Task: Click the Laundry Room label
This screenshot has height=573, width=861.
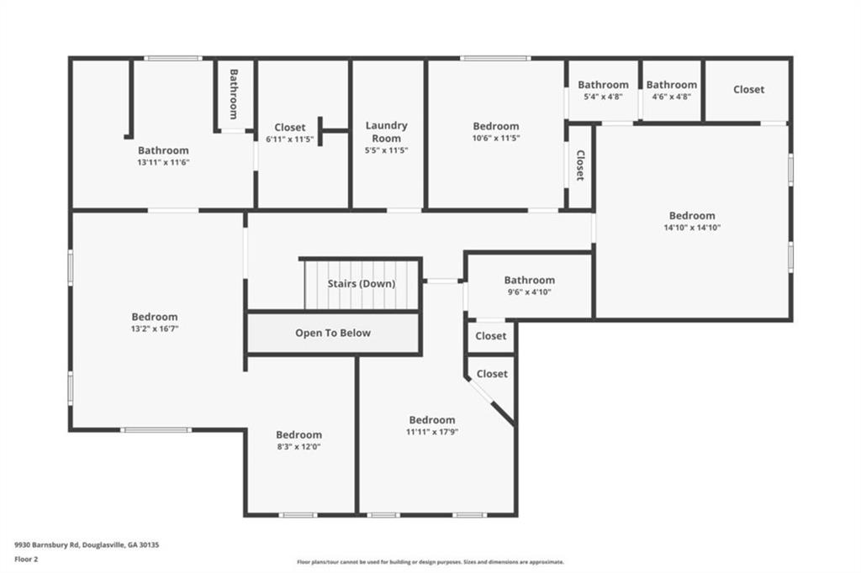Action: point(387,132)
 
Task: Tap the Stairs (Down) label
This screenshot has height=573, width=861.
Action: point(362,284)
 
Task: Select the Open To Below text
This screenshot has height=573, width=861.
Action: point(333,333)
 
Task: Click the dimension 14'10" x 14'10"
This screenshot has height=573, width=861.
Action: point(692,227)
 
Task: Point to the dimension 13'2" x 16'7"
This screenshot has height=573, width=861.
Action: point(155,329)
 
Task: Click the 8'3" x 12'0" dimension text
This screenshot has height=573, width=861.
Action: point(298,447)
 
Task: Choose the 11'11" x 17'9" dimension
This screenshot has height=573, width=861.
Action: point(432,432)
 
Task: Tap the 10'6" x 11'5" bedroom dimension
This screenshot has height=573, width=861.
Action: point(496,139)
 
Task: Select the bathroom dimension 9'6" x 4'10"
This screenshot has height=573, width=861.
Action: point(530,292)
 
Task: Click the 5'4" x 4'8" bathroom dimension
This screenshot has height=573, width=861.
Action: point(603,97)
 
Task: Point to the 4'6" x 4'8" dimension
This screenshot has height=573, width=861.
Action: point(671,97)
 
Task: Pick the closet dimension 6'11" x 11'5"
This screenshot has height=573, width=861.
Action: point(290,139)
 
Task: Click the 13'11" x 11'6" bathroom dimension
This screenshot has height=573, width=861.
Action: point(163,162)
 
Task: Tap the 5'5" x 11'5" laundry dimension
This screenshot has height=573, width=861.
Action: point(387,150)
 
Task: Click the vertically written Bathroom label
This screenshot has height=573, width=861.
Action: point(234,94)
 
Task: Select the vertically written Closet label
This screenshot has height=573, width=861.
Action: point(580,166)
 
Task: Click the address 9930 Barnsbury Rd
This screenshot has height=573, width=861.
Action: point(47,545)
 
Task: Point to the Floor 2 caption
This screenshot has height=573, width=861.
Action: point(26,560)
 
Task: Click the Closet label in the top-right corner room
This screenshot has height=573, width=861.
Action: point(748,89)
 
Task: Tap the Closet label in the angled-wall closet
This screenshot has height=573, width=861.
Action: point(492,374)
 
